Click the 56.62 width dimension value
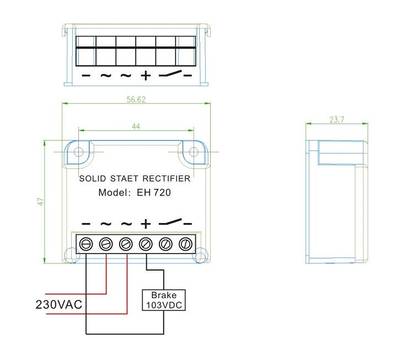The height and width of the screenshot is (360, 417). pyautogui.click(x=135, y=100)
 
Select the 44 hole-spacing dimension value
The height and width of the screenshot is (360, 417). pyautogui.click(x=136, y=126)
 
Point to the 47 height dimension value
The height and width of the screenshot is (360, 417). pyautogui.click(x=41, y=202)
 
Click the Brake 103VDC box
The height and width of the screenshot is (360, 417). pyautogui.click(x=164, y=300)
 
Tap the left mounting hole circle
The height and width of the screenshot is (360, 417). pyautogui.click(x=79, y=151)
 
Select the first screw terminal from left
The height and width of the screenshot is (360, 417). pyautogui.click(x=86, y=243)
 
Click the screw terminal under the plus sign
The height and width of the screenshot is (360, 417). pyautogui.click(x=146, y=243)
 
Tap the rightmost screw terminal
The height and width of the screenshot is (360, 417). pyautogui.click(x=186, y=243)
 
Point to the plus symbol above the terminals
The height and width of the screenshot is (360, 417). pyautogui.click(x=146, y=224)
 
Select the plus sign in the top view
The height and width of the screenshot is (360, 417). pyautogui.click(x=145, y=75)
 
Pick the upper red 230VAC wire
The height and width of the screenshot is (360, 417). pyautogui.click(x=77, y=294)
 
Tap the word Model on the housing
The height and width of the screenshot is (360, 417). pyautogui.click(x=113, y=193)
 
